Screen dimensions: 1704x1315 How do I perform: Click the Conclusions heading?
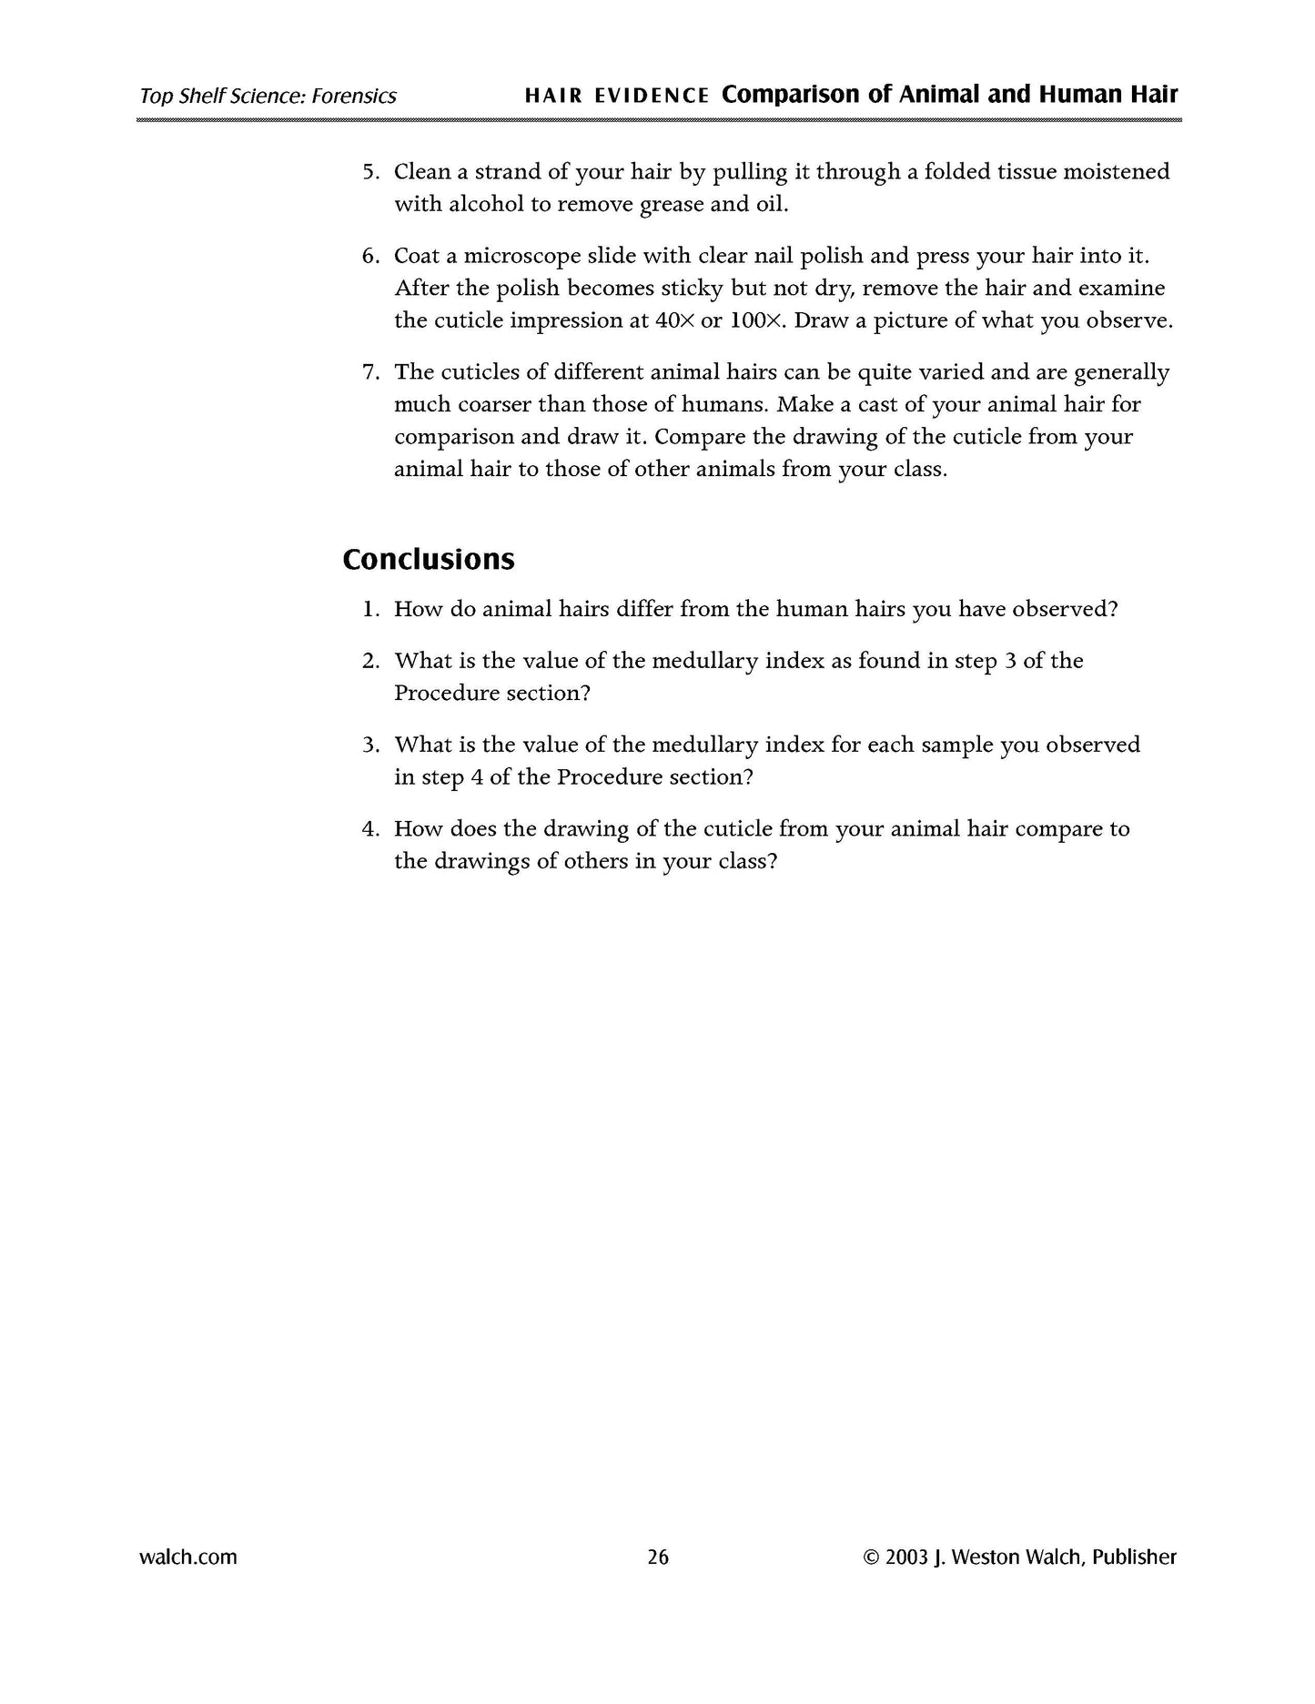point(428,559)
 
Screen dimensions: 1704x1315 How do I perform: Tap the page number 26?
point(657,1557)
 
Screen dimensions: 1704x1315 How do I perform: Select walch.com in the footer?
point(188,1557)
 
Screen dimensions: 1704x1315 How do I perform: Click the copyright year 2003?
point(906,1557)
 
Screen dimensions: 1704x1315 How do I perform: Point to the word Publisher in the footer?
point(1134,1557)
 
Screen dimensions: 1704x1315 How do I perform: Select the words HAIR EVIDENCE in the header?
point(617,96)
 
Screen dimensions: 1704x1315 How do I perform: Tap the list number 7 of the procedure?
point(369,372)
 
